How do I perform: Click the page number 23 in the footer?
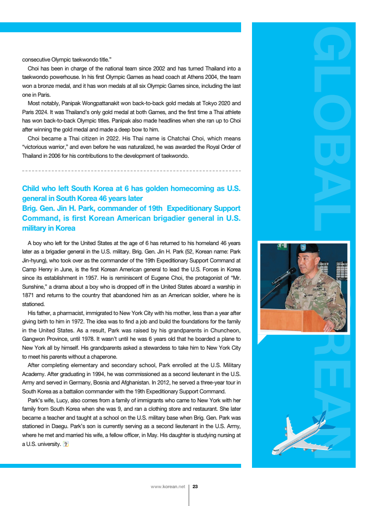pos(195,486)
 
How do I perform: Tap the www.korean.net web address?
pos(168,486)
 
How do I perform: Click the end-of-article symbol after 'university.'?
pos(65,443)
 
